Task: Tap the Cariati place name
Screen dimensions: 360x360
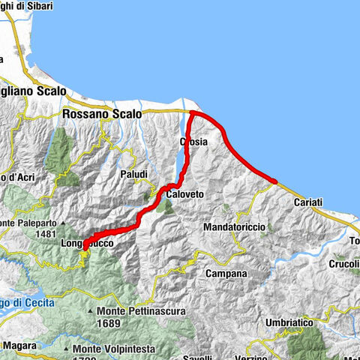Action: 308,202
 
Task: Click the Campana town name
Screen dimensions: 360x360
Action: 226,274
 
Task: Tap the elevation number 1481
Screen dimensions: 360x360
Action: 46,234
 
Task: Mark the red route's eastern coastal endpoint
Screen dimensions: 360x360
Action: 275,181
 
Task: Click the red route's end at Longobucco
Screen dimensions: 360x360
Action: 84,245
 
